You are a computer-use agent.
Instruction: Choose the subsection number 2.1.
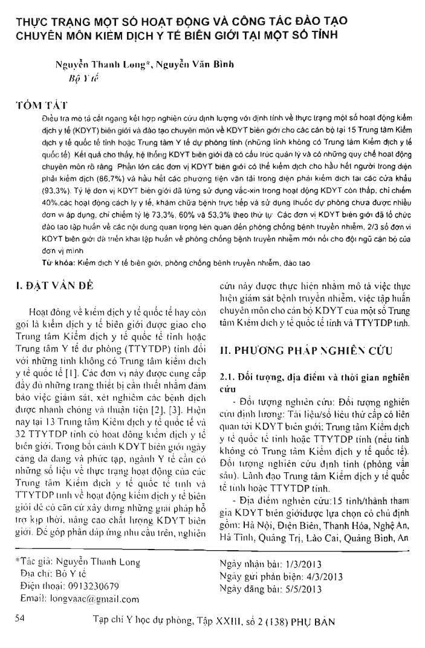(x=226, y=377)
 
